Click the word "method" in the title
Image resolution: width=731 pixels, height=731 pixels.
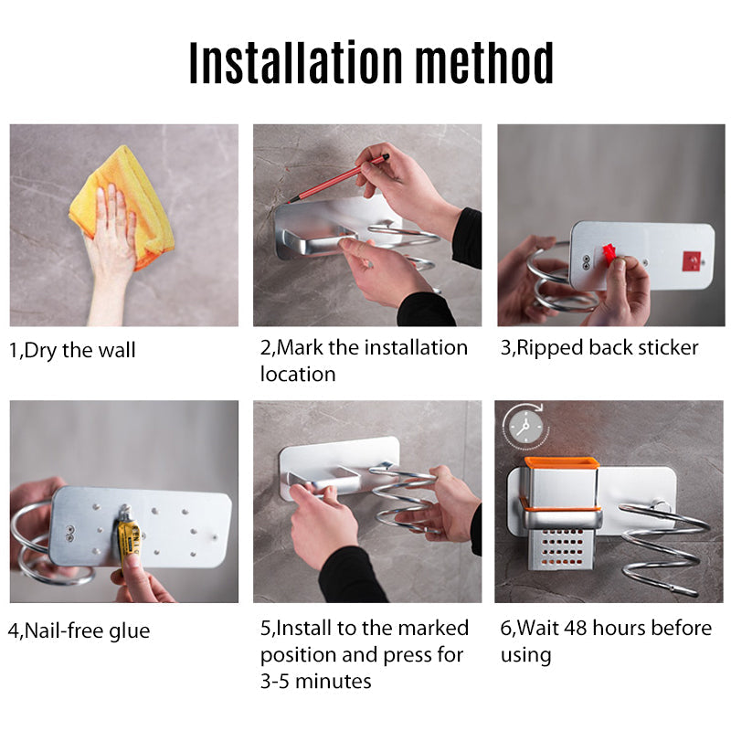pyautogui.click(x=484, y=62)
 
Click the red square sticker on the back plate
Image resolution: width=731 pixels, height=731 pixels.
pyautogui.click(x=692, y=261)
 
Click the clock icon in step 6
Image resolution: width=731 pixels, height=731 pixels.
pyautogui.click(x=526, y=427)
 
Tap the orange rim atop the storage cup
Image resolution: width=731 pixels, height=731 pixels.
pyautogui.click(x=562, y=461)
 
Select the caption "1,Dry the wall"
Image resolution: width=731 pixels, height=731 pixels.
pyautogui.click(x=72, y=350)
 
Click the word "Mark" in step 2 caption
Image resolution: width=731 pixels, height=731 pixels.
pyautogui.click(x=300, y=348)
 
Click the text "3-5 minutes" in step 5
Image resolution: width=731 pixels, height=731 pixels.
pyautogui.click(x=315, y=681)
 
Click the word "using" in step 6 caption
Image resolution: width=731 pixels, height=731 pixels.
pyautogui.click(x=526, y=656)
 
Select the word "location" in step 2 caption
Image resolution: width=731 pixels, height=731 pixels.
pyautogui.click(x=298, y=374)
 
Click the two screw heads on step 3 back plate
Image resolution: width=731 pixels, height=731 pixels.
pyautogui.click(x=586, y=262)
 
